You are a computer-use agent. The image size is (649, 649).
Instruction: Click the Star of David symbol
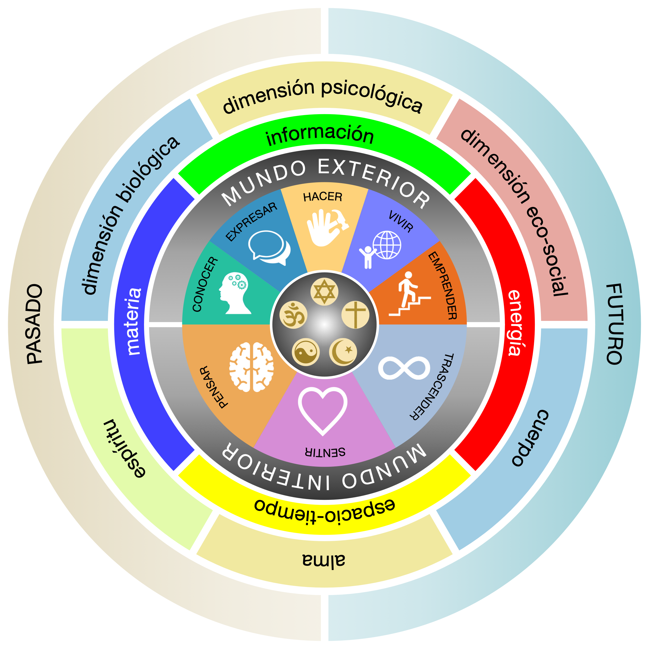tap(324, 292)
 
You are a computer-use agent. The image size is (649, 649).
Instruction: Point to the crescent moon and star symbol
tap(343, 352)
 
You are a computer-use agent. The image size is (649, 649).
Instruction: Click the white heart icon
tap(322, 410)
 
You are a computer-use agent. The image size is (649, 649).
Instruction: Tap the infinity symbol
tap(404, 368)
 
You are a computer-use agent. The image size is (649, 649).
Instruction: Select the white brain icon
tap(251, 367)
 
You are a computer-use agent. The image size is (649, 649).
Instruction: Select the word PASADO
tap(35, 324)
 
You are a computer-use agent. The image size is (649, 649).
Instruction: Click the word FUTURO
tap(614, 324)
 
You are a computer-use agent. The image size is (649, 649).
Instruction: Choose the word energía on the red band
tap(514, 322)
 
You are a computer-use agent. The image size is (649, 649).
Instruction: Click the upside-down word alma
tap(324, 560)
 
